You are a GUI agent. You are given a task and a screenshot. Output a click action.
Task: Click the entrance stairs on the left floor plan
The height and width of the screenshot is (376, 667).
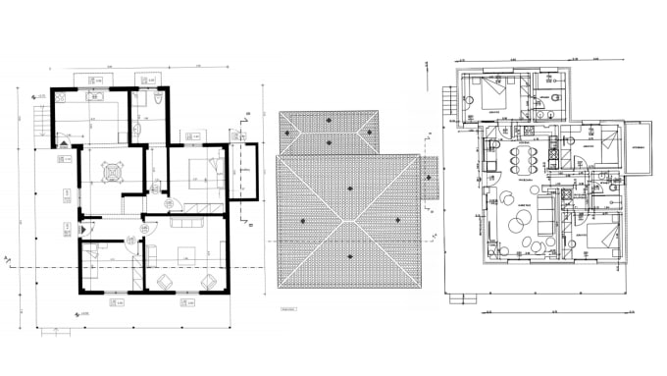pos(40,121)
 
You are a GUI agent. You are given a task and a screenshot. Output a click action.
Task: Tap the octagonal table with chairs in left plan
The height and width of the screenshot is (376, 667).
pos(115,170)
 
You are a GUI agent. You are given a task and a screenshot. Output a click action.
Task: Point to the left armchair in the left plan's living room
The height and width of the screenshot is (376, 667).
pos(164,282)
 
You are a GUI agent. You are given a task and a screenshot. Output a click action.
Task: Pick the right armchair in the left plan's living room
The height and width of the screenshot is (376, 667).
pos(208,282)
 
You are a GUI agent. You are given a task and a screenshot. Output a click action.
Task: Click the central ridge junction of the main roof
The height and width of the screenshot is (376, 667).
pos(349,221)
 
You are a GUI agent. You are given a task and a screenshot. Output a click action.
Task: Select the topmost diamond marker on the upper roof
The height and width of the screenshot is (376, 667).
pos(328,120)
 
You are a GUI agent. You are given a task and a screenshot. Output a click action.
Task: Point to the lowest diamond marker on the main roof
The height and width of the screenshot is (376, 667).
pos(349,257)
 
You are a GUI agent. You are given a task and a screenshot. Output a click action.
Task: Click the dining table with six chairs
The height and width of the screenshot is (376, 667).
pos(521,159)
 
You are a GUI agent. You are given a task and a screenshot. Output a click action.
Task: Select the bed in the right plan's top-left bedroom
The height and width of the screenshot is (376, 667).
pos(489,94)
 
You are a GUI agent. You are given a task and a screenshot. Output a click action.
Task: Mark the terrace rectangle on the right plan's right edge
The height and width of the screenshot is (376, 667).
pos(640,146)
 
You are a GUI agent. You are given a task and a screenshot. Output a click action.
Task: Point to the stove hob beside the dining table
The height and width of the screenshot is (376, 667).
pos(552,147)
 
